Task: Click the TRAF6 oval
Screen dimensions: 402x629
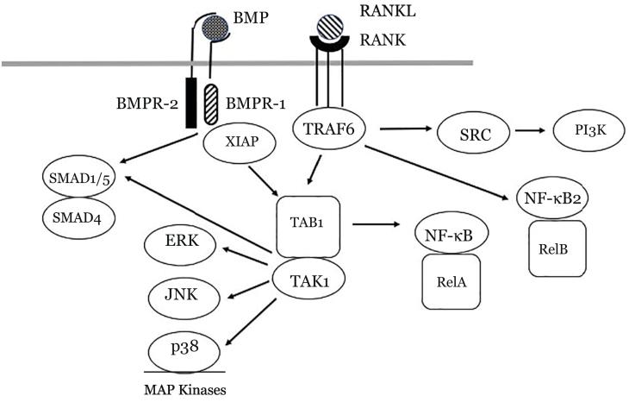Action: (x=330, y=130)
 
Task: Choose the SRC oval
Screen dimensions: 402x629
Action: (x=470, y=135)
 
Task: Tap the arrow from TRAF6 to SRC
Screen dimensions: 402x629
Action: (x=404, y=130)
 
